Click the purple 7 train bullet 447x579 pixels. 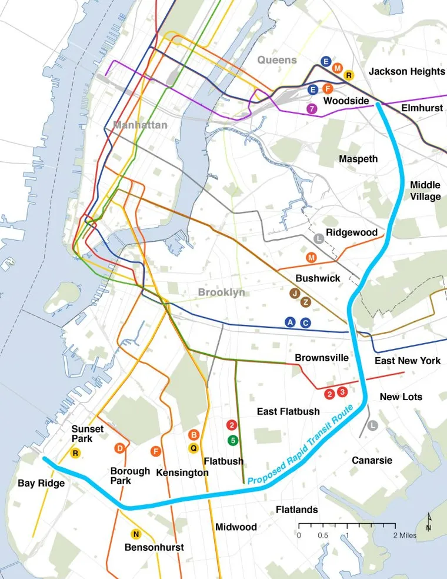coord(312,108)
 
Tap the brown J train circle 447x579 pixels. coord(295,292)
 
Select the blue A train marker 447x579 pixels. coord(289,322)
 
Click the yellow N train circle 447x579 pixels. coord(136,534)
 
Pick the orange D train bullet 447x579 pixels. coord(120,448)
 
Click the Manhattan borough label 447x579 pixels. coord(141,125)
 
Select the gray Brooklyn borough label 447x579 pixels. coord(221,292)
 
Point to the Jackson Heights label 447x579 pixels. coord(406,71)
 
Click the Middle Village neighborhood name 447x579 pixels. coord(425,191)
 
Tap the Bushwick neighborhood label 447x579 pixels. coord(318,278)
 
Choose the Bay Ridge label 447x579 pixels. coord(41,483)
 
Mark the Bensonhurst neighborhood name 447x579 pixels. coord(154,547)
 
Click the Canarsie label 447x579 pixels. coord(372,460)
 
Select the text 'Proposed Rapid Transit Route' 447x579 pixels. coord(301,445)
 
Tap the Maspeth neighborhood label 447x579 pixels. coord(358,159)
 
